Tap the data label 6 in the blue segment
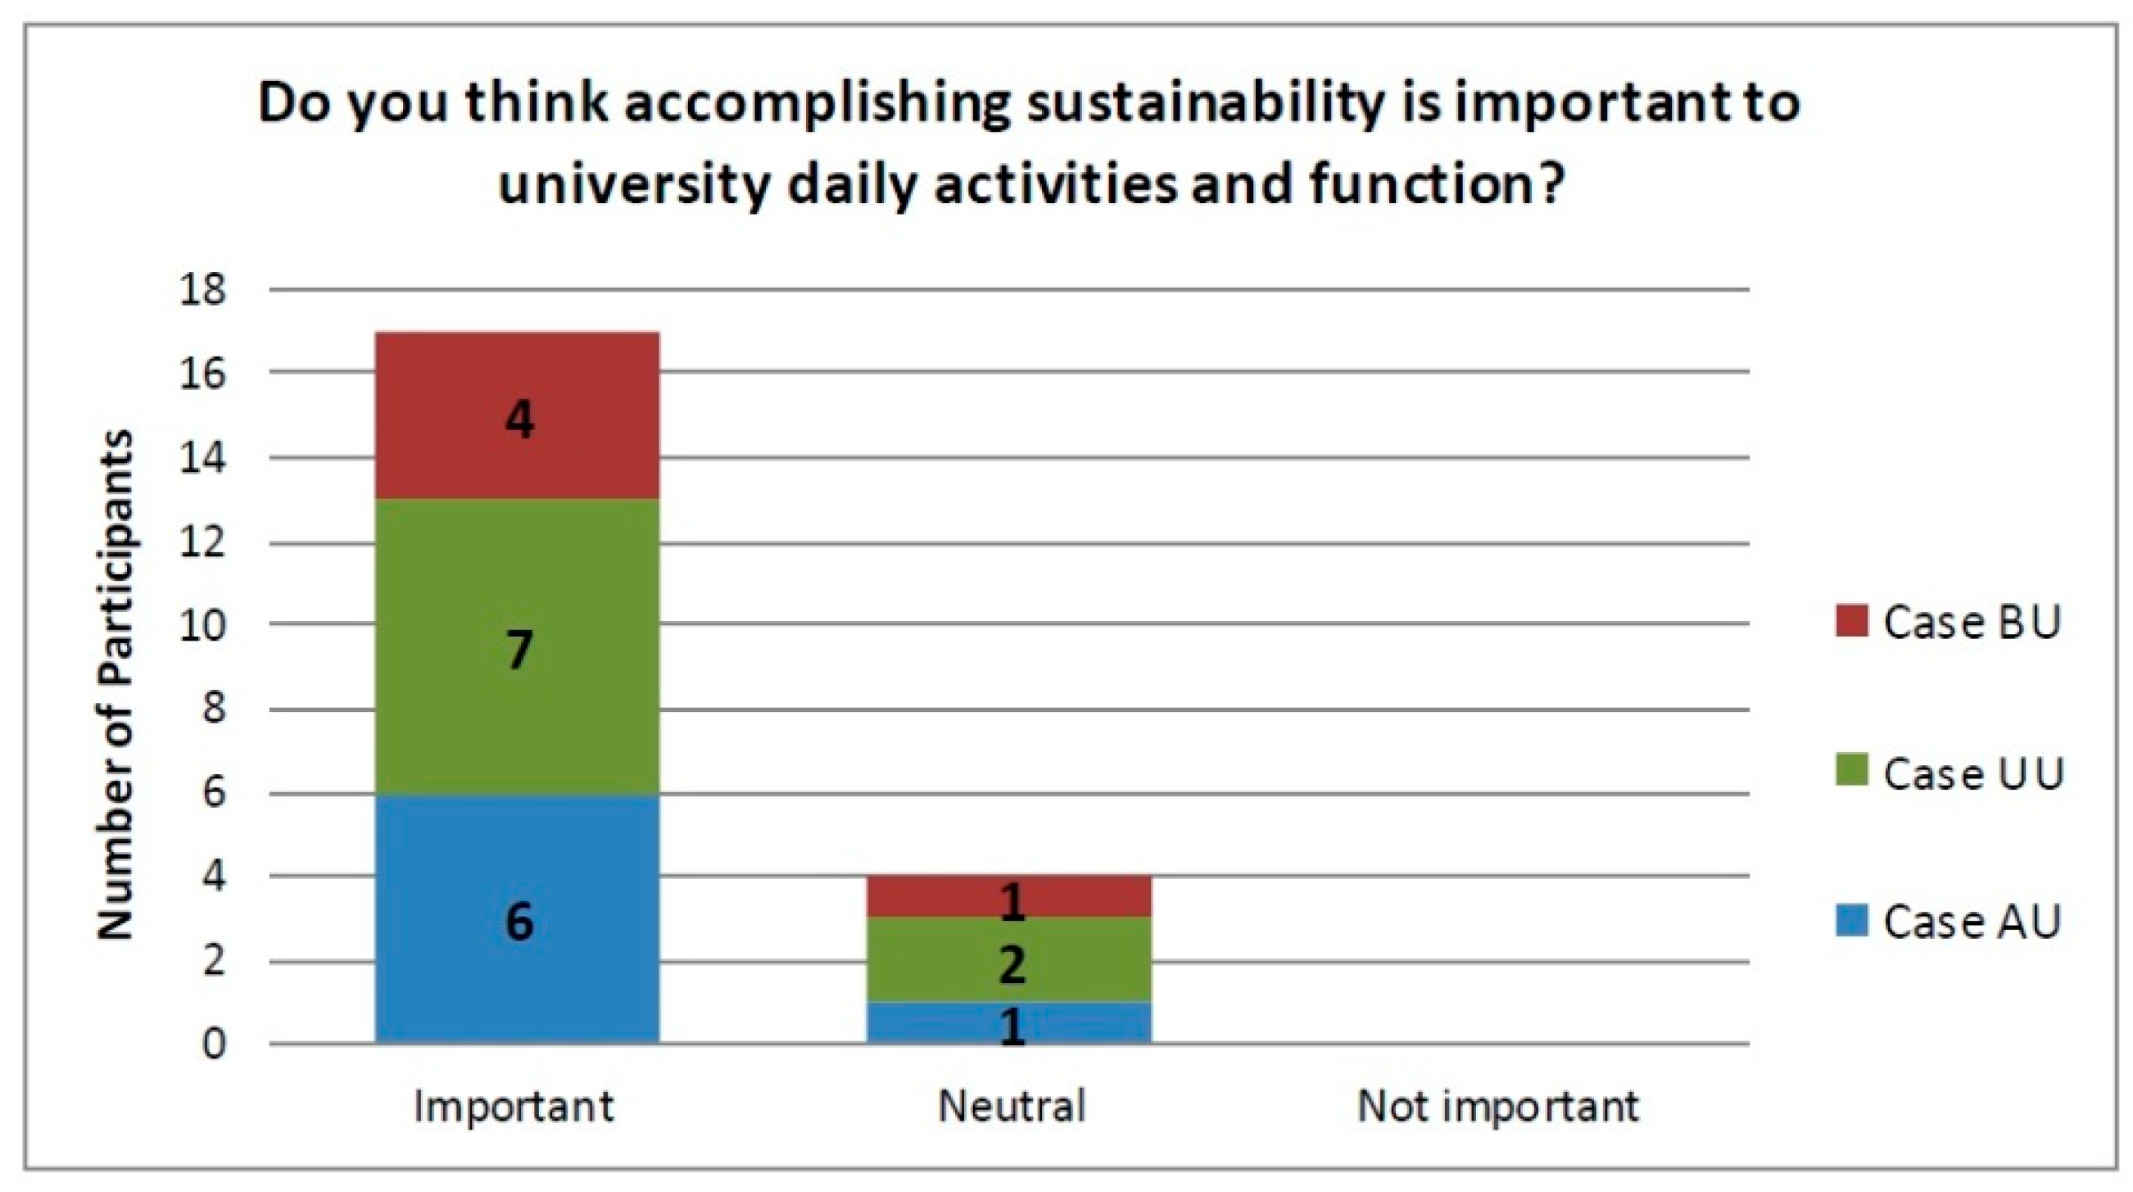[519, 920]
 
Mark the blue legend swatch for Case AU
[1851, 920]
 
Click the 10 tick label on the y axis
[202, 624]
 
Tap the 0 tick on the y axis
[214, 1044]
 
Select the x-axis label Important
[514, 1106]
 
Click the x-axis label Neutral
[1011, 1106]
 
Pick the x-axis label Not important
[1498, 1106]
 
